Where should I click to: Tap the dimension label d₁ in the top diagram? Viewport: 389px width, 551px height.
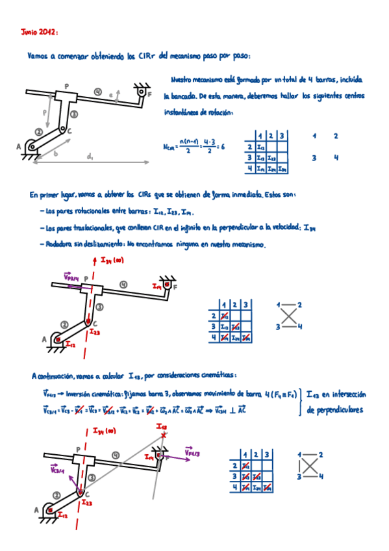pyautogui.click(x=90, y=157)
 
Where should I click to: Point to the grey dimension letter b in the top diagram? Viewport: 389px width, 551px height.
pyautogui.click(x=56, y=153)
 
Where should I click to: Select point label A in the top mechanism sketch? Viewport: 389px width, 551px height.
pyautogui.click(x=19, y=147)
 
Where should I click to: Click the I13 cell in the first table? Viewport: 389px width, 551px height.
pyautogui.click(x=261, y=158)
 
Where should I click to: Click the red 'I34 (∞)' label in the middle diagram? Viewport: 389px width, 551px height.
pyautogui.click(x=112, y=260)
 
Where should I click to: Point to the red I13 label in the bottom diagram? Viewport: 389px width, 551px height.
pyautogui.click(x=162, y=426)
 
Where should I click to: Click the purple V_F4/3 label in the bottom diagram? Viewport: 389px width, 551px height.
pyautogui.click(x=193, y=452)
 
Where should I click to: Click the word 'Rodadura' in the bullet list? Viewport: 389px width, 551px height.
pyautogui.click(x=54, y=244)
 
